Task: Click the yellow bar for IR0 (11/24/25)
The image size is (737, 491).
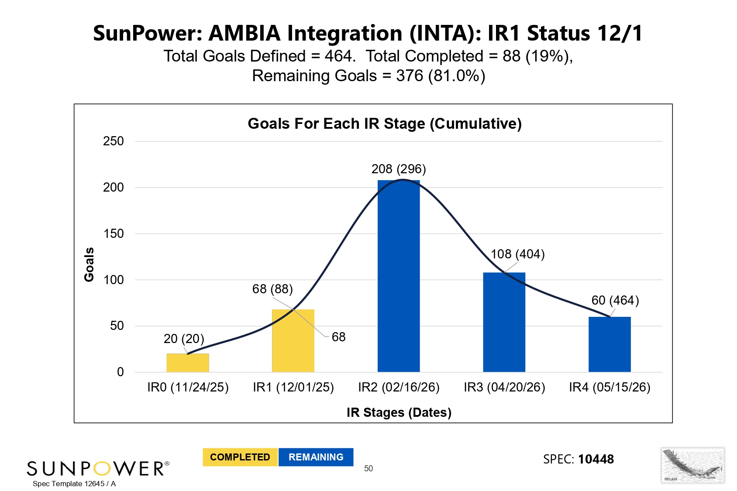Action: tap(188, 363)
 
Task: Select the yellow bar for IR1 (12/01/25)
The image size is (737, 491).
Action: tap(293, 341)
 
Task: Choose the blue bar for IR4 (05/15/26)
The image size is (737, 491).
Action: tap(610, 344)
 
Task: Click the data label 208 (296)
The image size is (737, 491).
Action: tap(399, 169)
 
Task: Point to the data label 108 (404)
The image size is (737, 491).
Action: tap(517, 254)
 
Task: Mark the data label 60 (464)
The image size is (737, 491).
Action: tap(615, 300)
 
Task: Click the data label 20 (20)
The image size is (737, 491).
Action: tap(184, 339)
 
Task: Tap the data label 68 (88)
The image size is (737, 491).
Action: tap(272, 289)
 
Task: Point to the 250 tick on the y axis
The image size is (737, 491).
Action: tap(114, 141)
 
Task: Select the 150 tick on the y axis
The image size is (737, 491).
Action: tap(114, 233)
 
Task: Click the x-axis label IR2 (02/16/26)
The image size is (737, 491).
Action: tap(399, 387)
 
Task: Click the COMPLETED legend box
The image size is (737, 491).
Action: tap(240, 457)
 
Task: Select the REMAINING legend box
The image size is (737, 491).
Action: tap(316, 457)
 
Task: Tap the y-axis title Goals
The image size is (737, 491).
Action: tap(89, 264)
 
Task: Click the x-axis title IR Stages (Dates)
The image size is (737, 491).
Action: tap(399, 412)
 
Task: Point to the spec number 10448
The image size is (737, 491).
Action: tap(596, 459)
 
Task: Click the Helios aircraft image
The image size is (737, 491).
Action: tap(692, 465)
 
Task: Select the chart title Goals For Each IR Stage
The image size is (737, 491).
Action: tap(385, 124)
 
